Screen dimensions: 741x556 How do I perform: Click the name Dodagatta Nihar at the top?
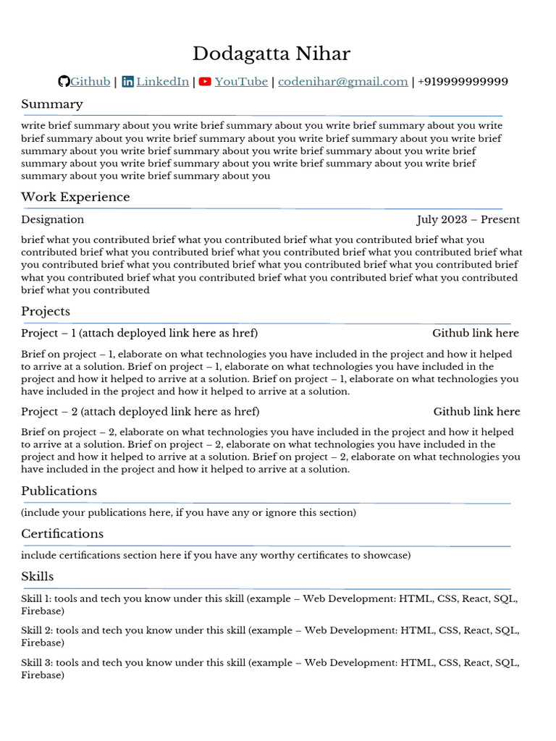pyautogui.click(x=271, y=54)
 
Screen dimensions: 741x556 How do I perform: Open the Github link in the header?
pyautogui.click(x=90, y=82)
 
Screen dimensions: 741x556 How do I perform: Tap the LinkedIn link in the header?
pyautogui.click(x=162, y=82)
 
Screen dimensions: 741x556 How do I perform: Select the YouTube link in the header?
pyautogui.click(x=241, y=82)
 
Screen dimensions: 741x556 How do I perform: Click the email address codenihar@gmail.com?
pyautogui.click(x=342, y=82)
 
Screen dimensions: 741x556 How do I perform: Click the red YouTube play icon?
pyautogui.click(x=205, y=82)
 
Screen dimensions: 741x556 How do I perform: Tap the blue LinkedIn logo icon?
pyautogui.click(x=127, y=82)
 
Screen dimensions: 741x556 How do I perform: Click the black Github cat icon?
pyautogui.click(x=64, y=82)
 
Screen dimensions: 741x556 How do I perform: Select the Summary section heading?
pyautogui.click(x=52, y=104)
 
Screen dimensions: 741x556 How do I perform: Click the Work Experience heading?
pyautogui.click(x=75, y=197)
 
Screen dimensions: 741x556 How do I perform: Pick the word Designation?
pyautogui.click(x=52, y=219)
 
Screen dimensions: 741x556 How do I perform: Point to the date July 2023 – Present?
pyautogui.click(x=468, y=219)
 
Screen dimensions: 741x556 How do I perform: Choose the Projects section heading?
pyautogui.click(x=46, y=311)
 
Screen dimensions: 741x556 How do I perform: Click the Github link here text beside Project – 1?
pyautogui.click(x=475, y=333)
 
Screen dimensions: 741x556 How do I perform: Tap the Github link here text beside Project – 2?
pyautogui.click(x=476, y=411)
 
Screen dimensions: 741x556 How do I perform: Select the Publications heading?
pyautogui.click(x=59, y=491)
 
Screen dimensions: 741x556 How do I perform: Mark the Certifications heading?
pyautogui.click(x=62, y=533)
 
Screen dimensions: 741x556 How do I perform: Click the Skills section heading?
pyautogui.click(x=37, y=576)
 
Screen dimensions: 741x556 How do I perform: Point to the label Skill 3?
pyautogui.click(x=36, y=662)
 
